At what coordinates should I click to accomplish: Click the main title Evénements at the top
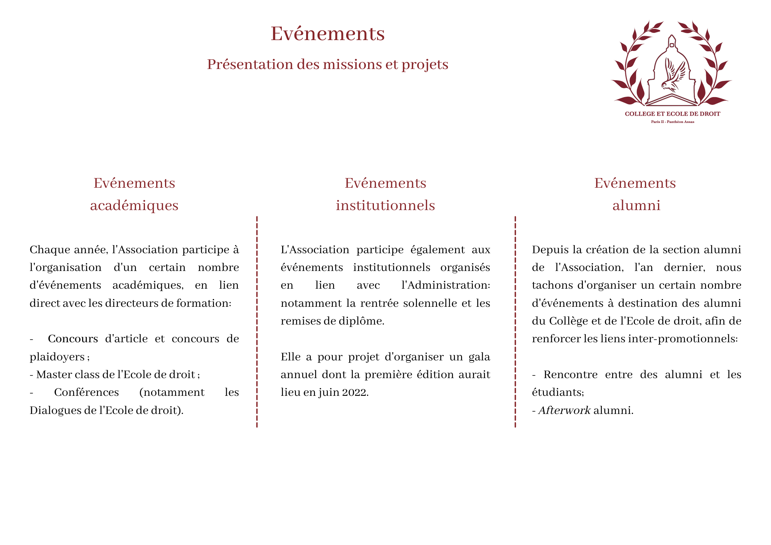(327, 34)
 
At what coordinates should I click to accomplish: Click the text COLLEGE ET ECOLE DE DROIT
(672, 114)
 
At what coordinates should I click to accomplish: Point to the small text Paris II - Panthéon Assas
(672, 122)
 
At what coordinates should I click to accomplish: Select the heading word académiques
(134, 205)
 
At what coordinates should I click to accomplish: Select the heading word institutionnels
(385, 205)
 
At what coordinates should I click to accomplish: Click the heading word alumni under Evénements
(636, 205)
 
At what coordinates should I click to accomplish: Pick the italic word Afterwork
(564, 410)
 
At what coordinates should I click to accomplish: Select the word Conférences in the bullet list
(86, 392)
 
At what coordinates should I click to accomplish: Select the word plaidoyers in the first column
(57, 357)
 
